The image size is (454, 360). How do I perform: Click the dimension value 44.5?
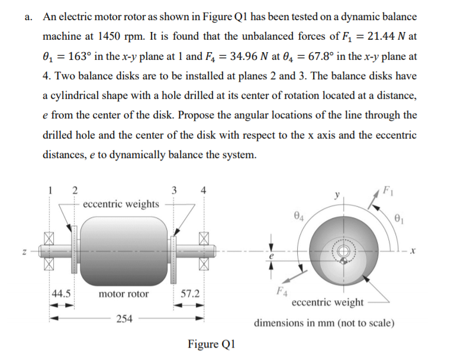point(61,294)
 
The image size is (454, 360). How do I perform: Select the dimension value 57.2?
point(190,294)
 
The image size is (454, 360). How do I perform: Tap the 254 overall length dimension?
point(124,320)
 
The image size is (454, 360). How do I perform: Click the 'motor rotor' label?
point(124,294)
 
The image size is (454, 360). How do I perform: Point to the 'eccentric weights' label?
point(121,204)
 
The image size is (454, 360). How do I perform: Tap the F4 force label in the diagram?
point(280,291)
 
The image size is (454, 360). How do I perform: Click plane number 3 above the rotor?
point(174,189)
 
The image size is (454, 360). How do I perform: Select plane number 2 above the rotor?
point(74,189)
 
